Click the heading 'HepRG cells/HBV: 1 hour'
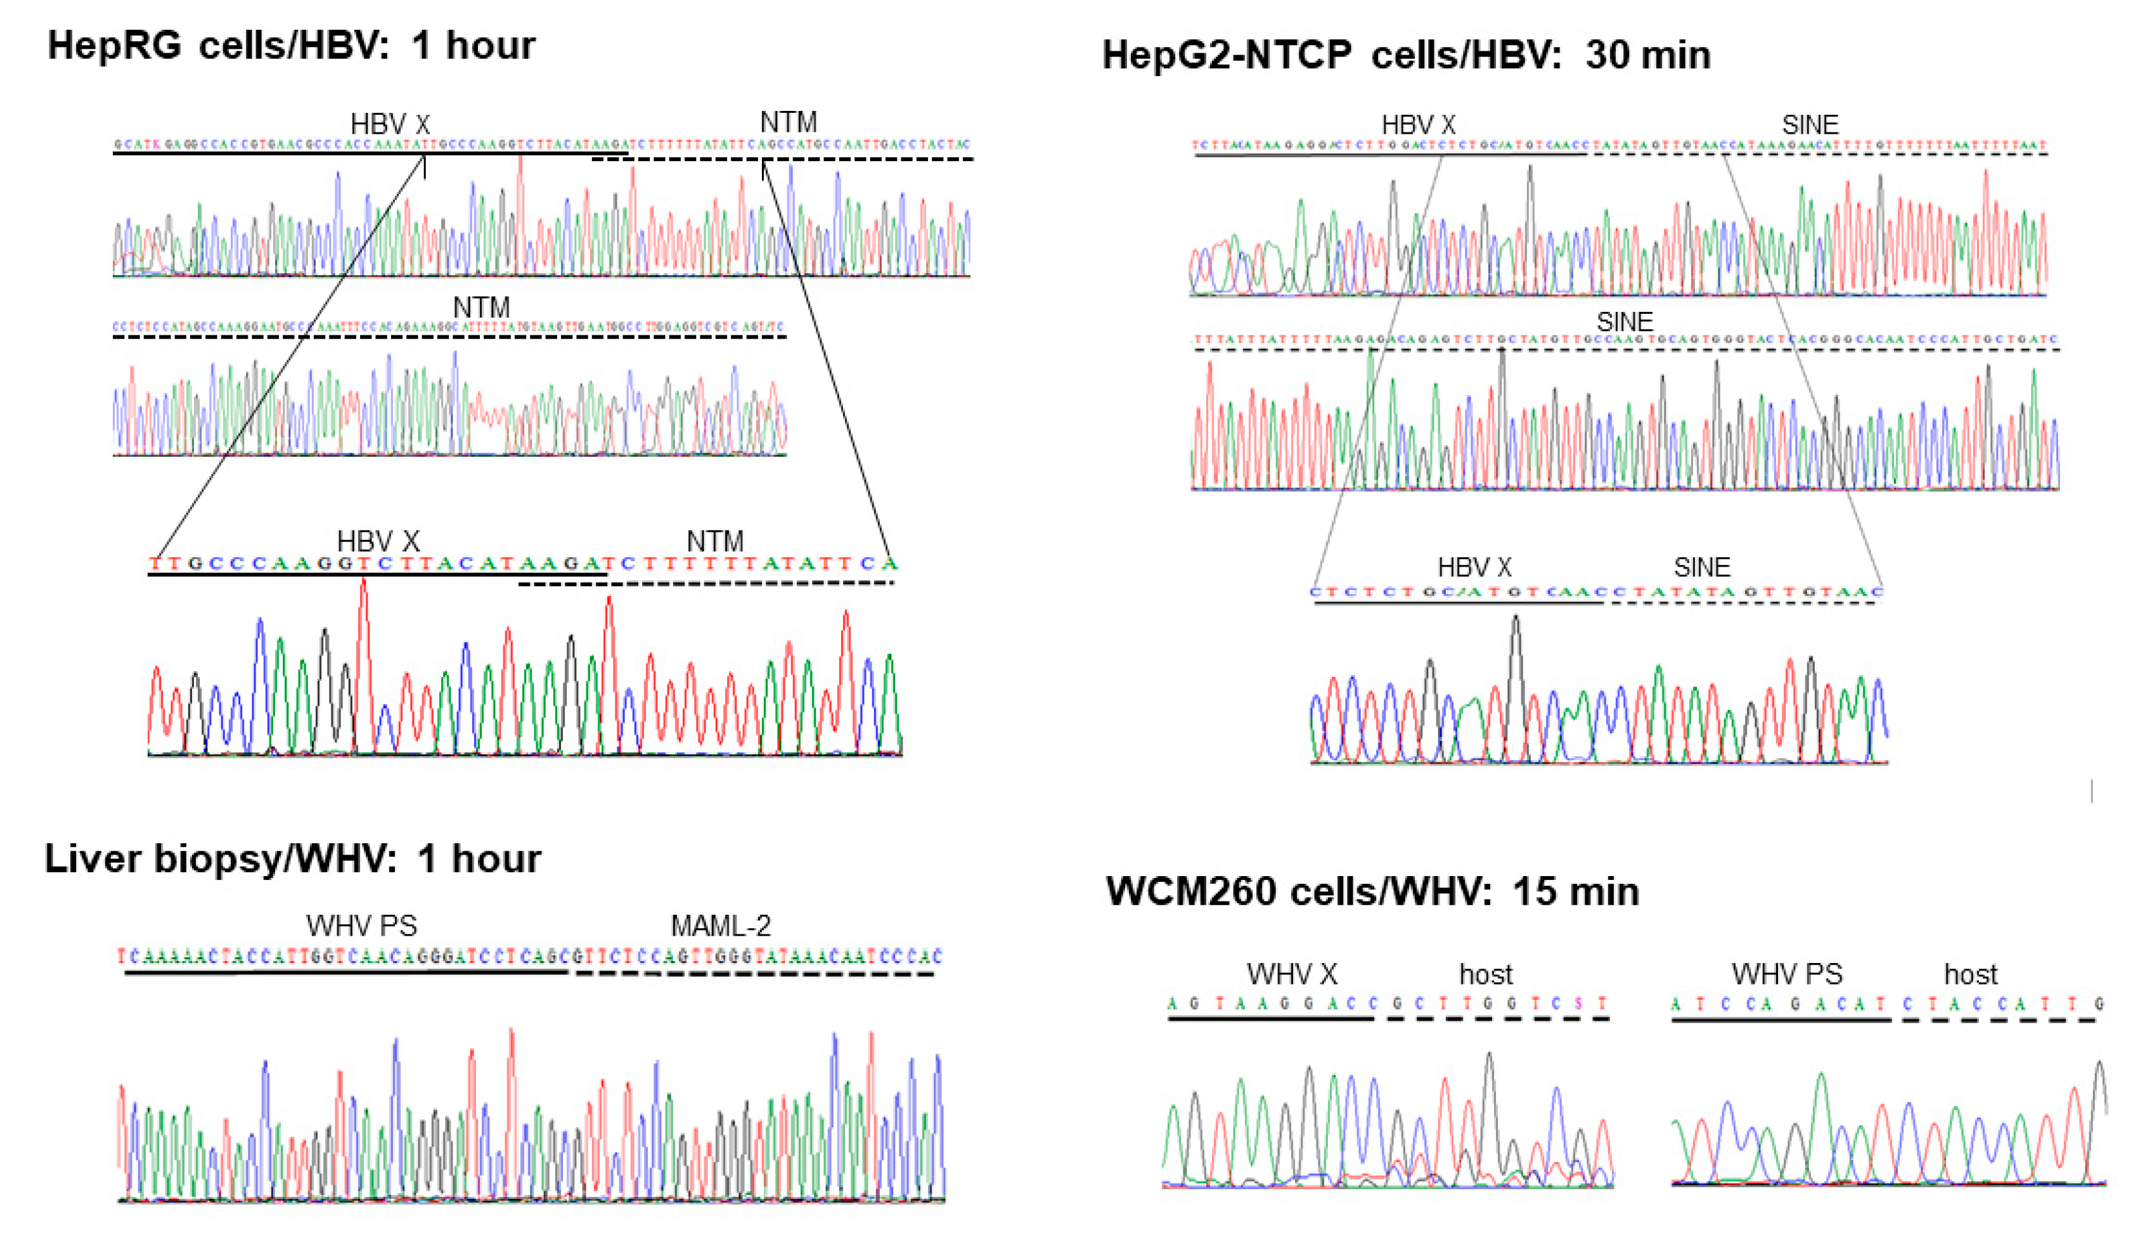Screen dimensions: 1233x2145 290,45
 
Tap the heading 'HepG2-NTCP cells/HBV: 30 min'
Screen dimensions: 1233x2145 1405,55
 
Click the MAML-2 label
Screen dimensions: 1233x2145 720,926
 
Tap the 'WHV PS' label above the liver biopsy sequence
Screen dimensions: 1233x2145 361,926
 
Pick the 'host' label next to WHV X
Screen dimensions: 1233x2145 1486,975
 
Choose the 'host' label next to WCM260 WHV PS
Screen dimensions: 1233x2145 1971,975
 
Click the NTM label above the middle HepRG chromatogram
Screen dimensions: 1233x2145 481,307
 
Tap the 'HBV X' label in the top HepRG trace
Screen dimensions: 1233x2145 390,124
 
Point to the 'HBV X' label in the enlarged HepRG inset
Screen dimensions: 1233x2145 378,541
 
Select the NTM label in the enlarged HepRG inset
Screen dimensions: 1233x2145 715,541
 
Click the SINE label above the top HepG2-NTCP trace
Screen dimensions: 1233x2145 1810,126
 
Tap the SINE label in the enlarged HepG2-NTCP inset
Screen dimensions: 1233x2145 1701,567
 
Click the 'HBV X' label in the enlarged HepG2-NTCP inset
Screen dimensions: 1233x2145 1474,567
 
